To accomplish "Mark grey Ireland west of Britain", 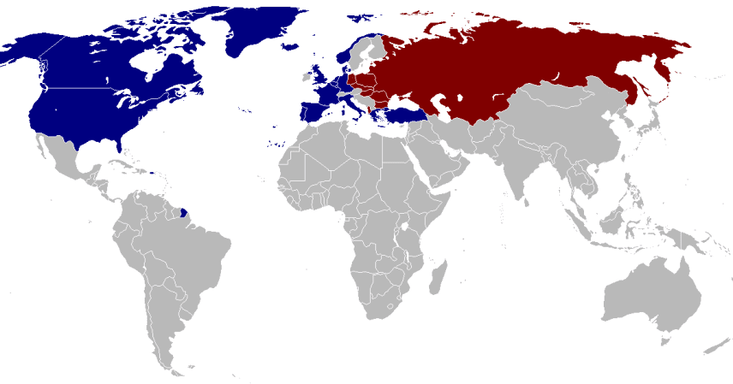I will [x=307, y=80].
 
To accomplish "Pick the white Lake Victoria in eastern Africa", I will [x=405, y=231].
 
